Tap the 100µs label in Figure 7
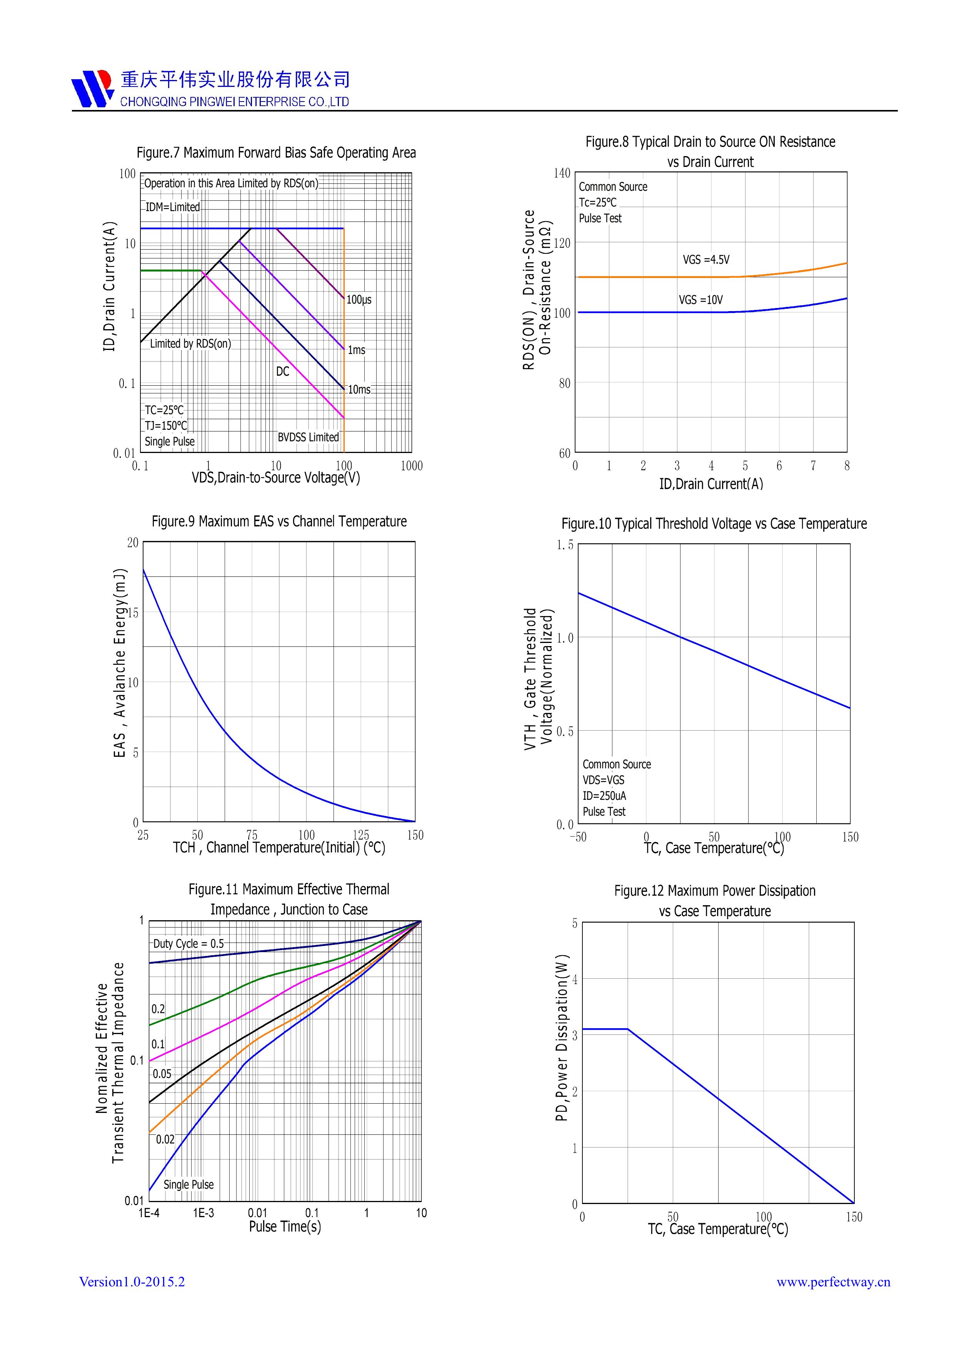pos(359,300)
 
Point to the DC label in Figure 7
pos(283,371)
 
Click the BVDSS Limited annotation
pos(308,437)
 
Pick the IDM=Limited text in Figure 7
pos(173,207)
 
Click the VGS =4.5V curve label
pos(706,260)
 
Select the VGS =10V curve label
pos(700,300)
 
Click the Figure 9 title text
pos(279,521)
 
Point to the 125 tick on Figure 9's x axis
pos(361,835)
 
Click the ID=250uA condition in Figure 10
pos(604,796)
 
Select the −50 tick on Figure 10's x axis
pos(578,837)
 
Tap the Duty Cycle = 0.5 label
pos(188,944)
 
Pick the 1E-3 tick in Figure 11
pos(203,1213)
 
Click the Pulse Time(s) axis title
pos(285,1227)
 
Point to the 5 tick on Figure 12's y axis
pos(575,923)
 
